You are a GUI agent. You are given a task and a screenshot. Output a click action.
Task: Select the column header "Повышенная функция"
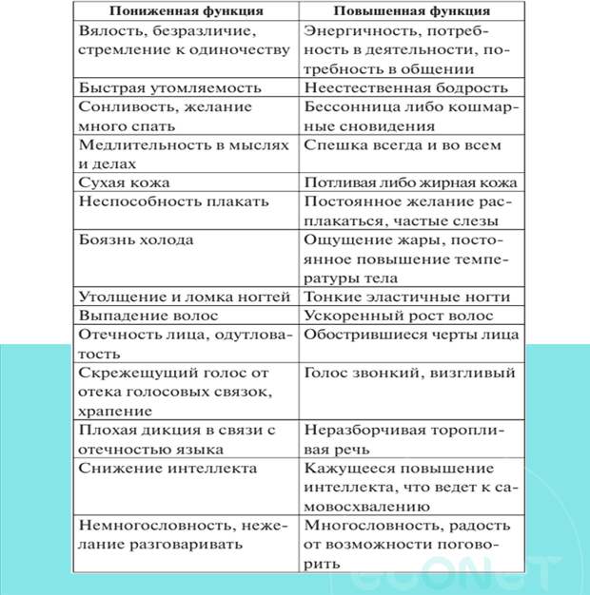tap(411, 10)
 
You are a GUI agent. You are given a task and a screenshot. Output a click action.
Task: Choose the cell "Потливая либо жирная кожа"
tap(410, 182)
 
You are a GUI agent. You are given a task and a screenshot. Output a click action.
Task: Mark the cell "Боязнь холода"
tap(136, 240)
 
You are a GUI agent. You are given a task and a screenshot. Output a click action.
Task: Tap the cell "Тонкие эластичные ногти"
tap(407, 297)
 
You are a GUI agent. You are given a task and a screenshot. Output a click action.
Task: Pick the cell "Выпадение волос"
tap(149, 316)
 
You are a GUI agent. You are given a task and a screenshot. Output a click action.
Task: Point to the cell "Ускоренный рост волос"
tap(399, 316)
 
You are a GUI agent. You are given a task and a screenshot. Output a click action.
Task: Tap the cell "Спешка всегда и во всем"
tap(402, 145)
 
